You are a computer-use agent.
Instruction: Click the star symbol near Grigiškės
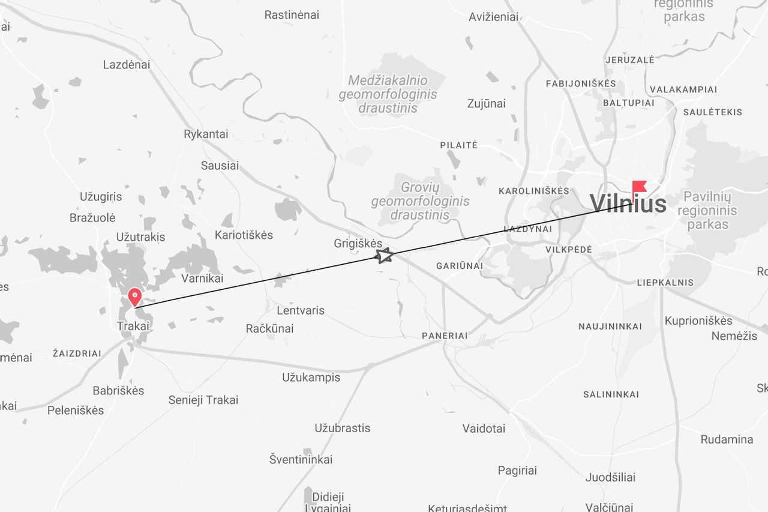pos(384,256)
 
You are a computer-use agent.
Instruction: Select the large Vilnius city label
pos(628,204)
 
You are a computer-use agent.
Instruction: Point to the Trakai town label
pos(133,326)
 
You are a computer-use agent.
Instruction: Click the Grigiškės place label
pos(358,244)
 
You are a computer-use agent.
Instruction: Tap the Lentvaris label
pos(301,310)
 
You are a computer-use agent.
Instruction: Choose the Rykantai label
pos(206,134)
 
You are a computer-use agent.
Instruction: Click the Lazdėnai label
pos(127,65)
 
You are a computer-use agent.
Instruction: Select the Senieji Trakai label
pos(203,400)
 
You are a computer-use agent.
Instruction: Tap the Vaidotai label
pos(484,429)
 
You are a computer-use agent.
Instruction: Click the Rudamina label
pos(727,439)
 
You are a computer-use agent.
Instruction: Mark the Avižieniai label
pos(493,17)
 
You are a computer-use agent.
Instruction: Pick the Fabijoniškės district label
pos(581,83)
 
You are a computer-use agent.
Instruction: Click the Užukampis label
pos(311,378)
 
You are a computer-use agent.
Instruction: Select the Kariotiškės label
pos(244,235)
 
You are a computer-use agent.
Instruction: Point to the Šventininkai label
pos(301,460)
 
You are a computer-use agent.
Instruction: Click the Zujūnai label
pos(486,104)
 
